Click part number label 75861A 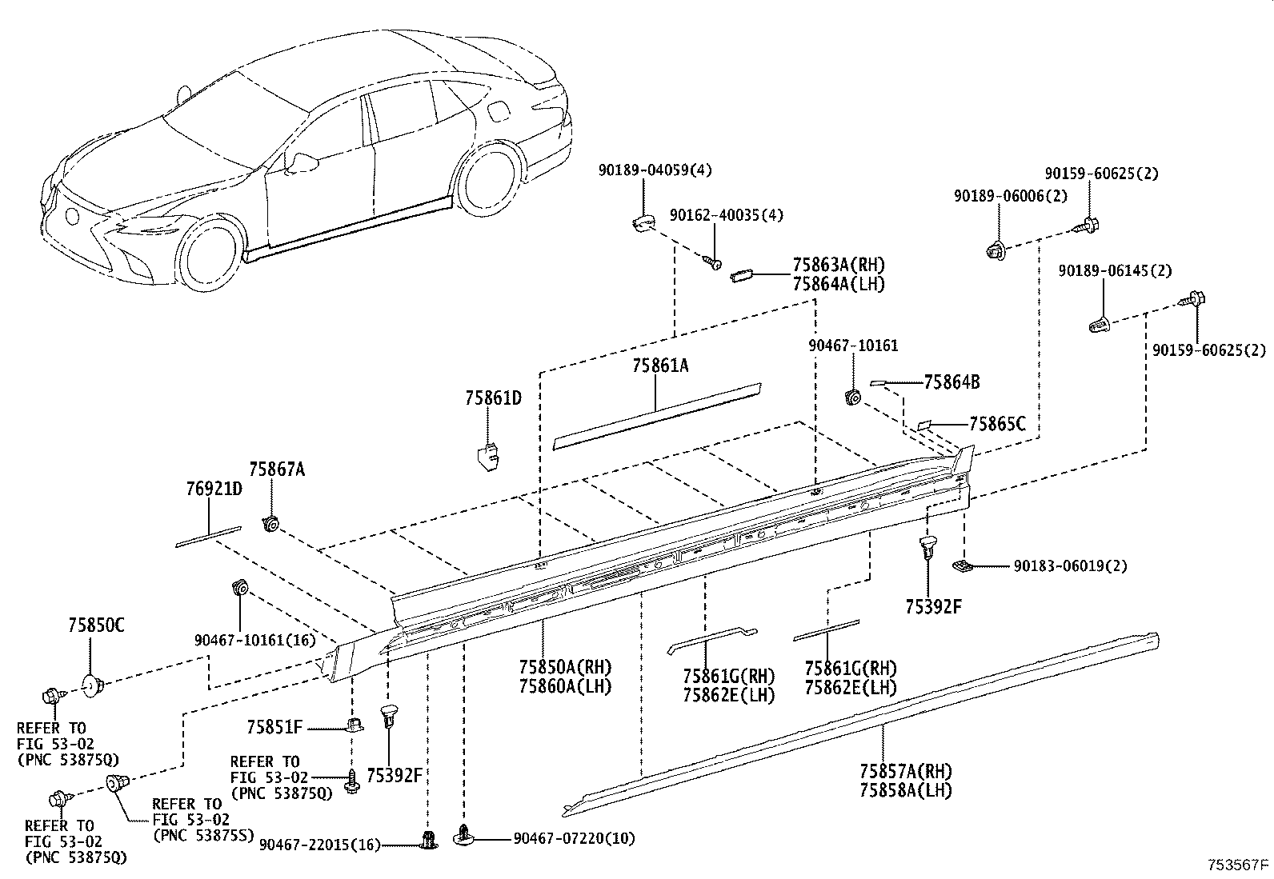click(660, 366)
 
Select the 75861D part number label click(494, 398)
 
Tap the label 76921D click(214, 489)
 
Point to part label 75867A click(277, 470)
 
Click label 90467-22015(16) click(319, 846)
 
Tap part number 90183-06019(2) click(1070, 566)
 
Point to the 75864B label click(951, 382)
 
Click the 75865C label click(997, 424)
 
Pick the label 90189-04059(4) click(655, 170)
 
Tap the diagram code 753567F click(1239, 865)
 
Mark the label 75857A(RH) click(906, 772)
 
